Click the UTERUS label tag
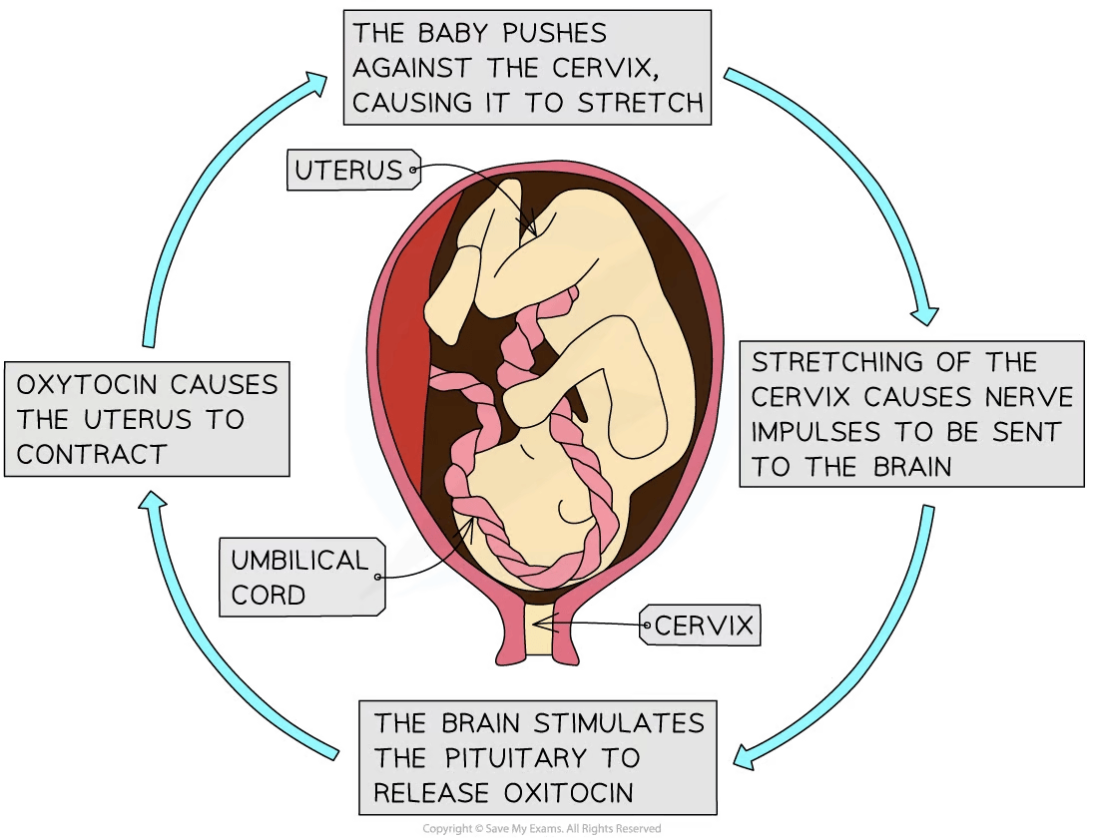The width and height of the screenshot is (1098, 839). coord(353,170)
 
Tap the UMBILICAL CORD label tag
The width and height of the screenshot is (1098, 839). coord(302,578)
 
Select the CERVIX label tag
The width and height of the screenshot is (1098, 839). coord(700,625)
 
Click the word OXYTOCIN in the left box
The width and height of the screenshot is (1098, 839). coord(87,384)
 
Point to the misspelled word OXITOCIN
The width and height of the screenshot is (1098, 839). coord(568,793)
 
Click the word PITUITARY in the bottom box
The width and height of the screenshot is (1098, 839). coord(515,758)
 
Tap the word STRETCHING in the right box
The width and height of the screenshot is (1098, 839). coord(827,362)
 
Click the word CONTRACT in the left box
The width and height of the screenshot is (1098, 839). coord(91,454)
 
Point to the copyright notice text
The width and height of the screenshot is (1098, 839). coord(541,828)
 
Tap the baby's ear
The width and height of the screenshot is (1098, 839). coord(574,510)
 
